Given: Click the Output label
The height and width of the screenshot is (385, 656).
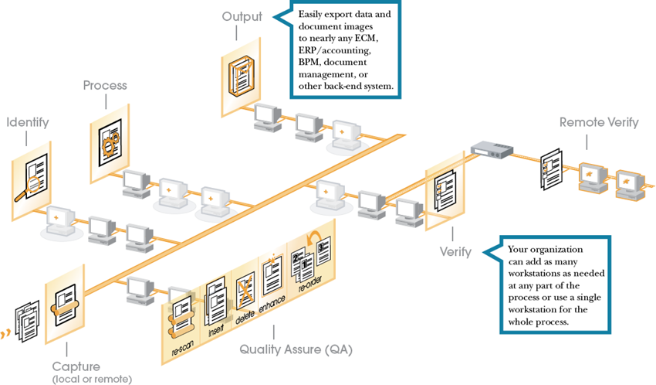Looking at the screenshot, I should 242,16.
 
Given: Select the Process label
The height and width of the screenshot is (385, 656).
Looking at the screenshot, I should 105,85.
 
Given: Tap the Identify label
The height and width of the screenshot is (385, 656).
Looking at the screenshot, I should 28,122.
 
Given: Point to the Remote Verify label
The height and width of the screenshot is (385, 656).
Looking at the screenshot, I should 598,122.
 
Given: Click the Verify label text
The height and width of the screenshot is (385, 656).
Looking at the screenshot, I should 455,253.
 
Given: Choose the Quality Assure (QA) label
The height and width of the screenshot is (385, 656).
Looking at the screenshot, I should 296,349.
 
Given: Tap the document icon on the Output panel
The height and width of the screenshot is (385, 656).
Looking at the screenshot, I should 239,74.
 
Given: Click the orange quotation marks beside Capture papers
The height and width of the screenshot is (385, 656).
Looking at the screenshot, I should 6,334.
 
